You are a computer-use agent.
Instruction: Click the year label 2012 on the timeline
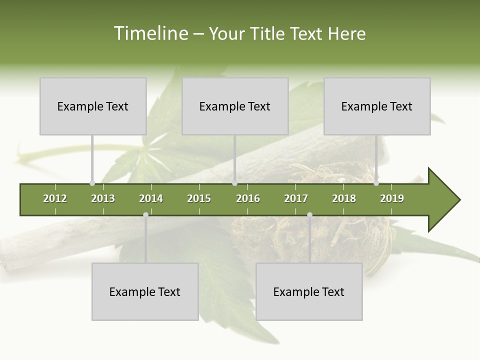(x=55, y=198)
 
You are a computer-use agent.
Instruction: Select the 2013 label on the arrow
(x=103, y=198)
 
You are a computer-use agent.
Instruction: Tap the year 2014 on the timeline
(x=151, y=198)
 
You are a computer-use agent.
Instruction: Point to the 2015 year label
(x=199, y=198)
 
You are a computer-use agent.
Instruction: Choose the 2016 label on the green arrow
(x=248, y=198)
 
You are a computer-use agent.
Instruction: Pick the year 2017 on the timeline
(x=296, y=198)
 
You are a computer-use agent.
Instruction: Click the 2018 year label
(x=344, y=198)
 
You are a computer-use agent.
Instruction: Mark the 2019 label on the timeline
(x=392, y=198)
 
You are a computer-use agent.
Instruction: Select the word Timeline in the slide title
(x=150, y=33)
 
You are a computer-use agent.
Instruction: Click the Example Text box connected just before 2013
(x=93, y=106)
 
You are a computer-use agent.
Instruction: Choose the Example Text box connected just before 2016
(x=235, y=106)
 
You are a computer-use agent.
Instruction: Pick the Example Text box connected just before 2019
(x=377, y=106)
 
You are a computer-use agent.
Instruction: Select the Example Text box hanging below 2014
(x=145, y=291)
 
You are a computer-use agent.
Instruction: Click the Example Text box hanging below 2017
(x=309, y=291)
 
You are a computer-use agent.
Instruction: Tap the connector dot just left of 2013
(x=92, y=183)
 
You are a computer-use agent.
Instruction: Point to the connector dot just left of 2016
(x=235, y=183)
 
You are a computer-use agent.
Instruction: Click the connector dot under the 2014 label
(x=145, y=214)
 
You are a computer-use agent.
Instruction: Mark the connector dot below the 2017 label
(x=309, y=214)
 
